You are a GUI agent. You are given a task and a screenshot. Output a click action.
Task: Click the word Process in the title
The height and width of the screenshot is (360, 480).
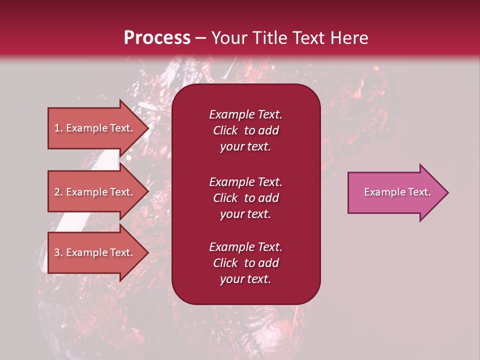pyautogui.click(x=157, y=38)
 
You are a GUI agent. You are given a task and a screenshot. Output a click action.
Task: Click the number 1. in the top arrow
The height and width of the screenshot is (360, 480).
pyautogui.click(x=58, y=128)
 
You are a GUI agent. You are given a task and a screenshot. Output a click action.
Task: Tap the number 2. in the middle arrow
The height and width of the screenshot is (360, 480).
pyautogui.click(x=58, y=192)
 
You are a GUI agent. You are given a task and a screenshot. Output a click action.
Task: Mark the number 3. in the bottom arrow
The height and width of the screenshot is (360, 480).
pyautogui.click(x=58, y=253)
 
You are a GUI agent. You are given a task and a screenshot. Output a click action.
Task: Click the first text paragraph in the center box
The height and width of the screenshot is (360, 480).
pyautogui.click(x=245, y=130)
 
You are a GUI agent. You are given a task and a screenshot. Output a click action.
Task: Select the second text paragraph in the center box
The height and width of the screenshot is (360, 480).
pyautogui.click(x=245, y=198)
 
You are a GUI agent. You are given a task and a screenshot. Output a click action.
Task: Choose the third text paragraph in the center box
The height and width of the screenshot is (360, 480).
pyautogui.click(x=245, y=263)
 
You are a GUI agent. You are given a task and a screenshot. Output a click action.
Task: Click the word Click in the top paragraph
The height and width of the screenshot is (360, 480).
pyautogui.click(x=225, y=131)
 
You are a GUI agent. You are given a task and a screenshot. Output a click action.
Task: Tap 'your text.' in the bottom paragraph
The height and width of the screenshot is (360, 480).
pyautogui.click(x=245, y=279)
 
